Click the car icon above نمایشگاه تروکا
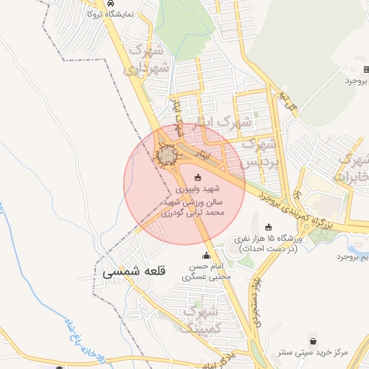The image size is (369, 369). click(x=109, y=4)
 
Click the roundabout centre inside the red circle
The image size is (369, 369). click(x=167, y=154)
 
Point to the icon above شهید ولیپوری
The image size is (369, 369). click(x=199, y=177)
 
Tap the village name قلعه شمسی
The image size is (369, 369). click(x=134, y=272)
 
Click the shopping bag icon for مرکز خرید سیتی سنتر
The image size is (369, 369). click(x=313, y=340)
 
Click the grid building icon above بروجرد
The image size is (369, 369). click(x=365, y=70)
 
